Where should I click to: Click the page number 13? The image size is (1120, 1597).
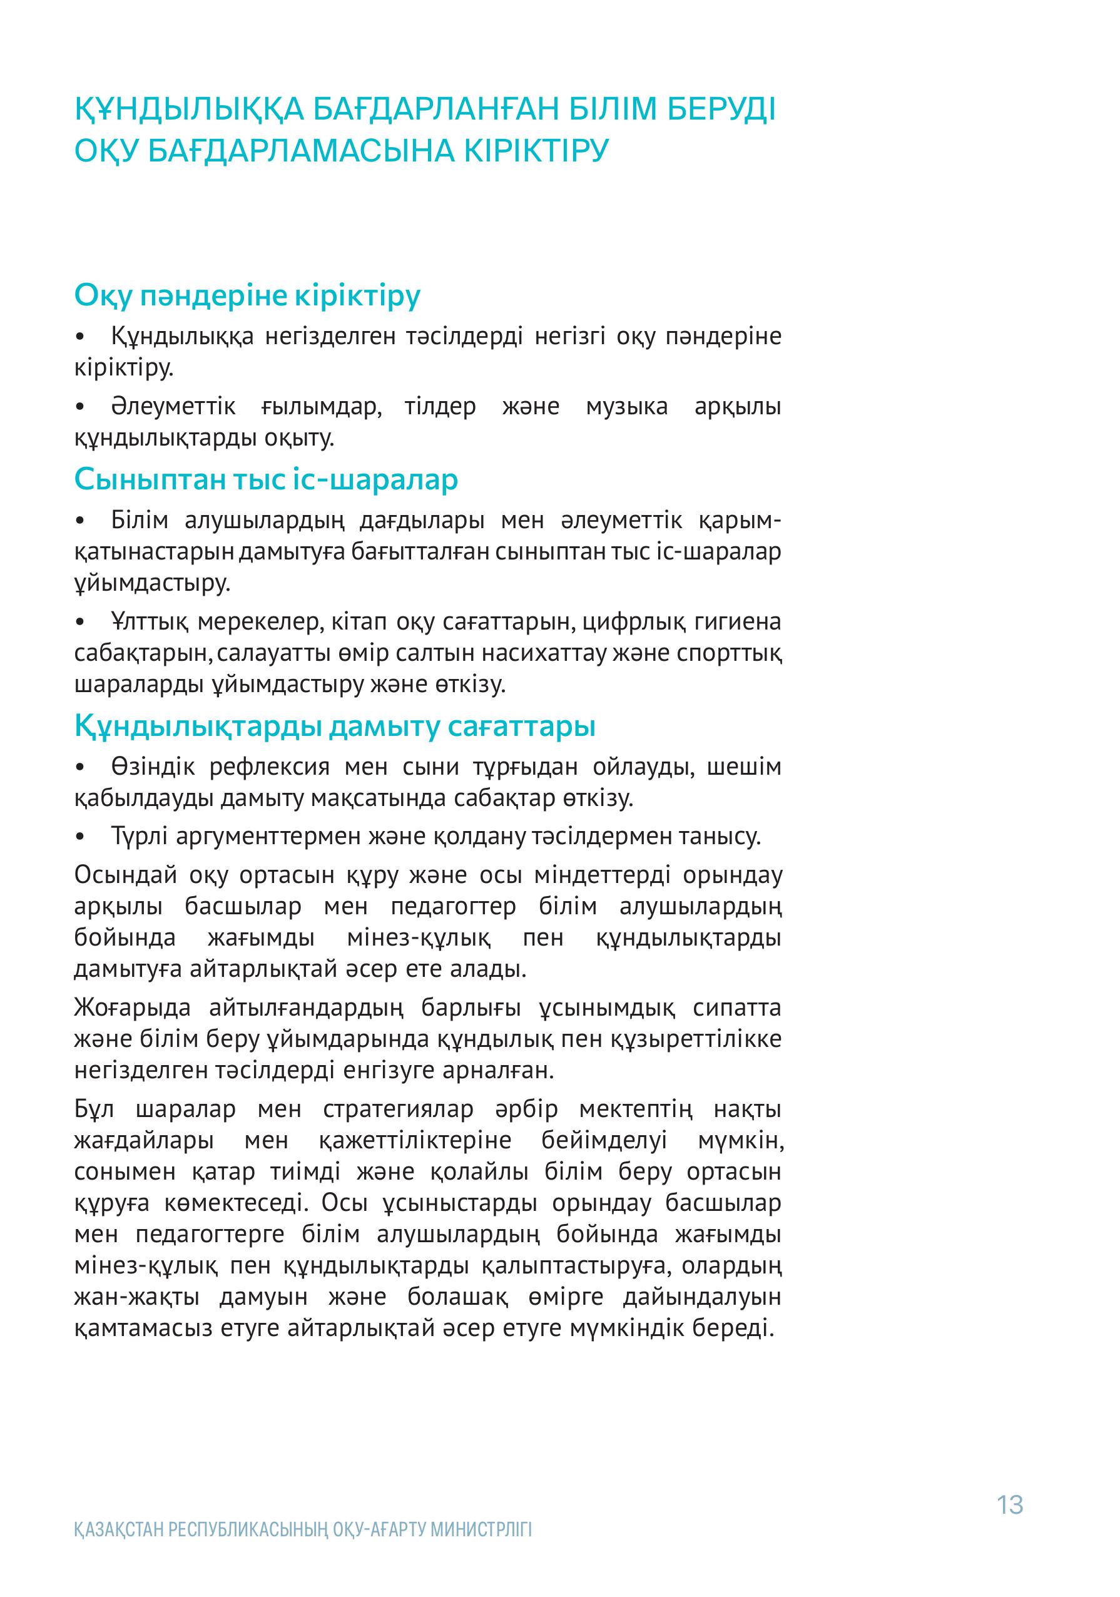[x=1009, y=1504]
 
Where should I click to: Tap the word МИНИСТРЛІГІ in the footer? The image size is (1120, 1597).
[x=481, y=1549]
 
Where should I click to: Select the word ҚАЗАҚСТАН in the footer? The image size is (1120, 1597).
[x=119, y=1549]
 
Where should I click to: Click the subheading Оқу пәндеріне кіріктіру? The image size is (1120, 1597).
[x=247, y=295]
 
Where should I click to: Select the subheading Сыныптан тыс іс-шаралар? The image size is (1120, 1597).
[x=266, y=479]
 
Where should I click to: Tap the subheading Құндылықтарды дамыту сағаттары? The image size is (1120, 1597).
[x=335, y=726]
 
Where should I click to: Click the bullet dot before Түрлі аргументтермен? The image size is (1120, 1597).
[x=81, y=837]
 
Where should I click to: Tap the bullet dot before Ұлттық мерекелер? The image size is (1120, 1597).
[x=81, y=622]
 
